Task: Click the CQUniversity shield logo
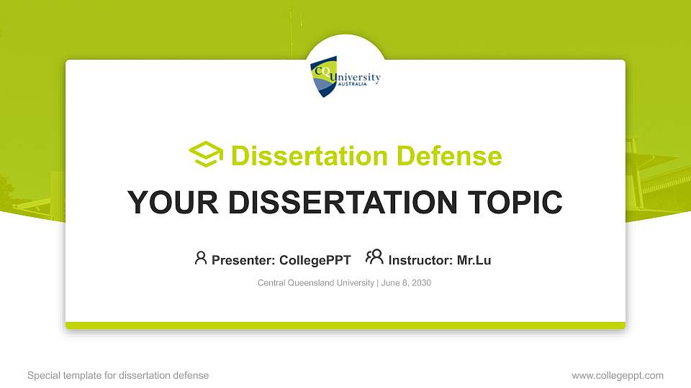click(x=324, y=78)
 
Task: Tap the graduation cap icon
click(x=206, y=154)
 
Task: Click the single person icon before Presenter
click(x=201, y=258)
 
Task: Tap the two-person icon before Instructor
click(x=374, y=257)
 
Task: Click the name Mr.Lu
click(x=474, y=260)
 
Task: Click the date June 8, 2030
click(x=406, y=283)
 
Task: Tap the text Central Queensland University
click(x=315, y=283)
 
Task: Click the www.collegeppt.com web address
click(x=617, y=375)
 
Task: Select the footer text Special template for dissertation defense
click(x=118, y=375)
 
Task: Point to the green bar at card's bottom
click(x=345, y=325)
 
